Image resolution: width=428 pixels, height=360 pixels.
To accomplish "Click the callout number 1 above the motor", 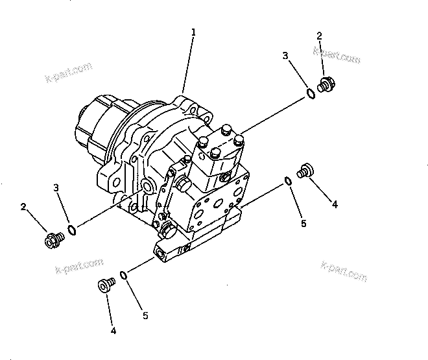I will coord(193,31).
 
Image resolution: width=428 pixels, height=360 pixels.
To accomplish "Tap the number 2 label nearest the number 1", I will coord(319,35).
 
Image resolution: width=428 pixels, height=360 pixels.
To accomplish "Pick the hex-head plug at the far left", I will coord(51,240).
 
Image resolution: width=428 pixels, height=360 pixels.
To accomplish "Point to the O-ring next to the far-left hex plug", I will coord(73,230).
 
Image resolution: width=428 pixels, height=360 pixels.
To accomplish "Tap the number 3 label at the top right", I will coord(285,56).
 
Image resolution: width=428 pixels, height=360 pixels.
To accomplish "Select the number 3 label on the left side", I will coord(56,187).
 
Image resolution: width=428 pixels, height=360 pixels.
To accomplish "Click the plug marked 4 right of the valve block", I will coord(304,172).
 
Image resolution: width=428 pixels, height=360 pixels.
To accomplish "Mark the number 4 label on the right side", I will coord(335,204).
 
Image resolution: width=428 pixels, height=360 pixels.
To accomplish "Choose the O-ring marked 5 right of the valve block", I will coord(287,181).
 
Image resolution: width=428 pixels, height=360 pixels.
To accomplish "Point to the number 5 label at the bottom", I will coord(145,315).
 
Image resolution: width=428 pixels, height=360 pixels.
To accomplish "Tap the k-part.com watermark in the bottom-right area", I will coord(344,270).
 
